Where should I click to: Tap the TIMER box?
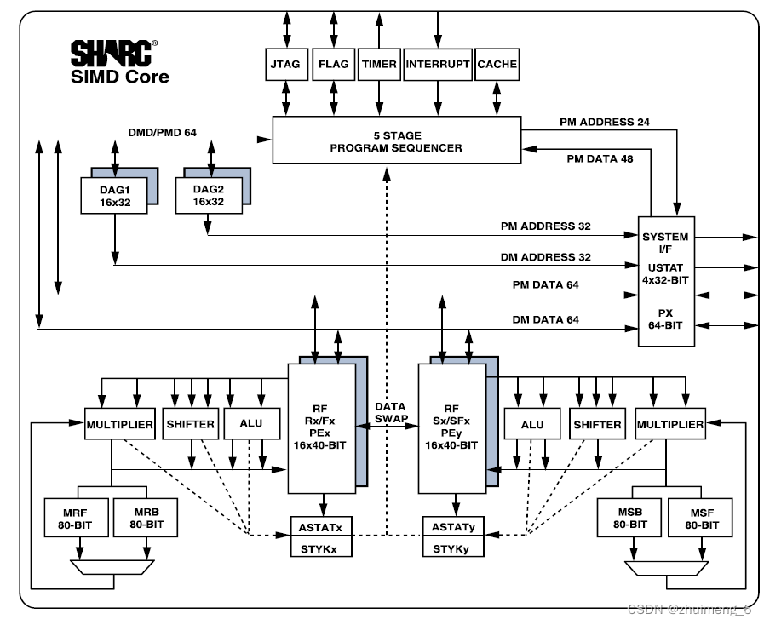coord(379,65)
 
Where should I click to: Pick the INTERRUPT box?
coord(438,65)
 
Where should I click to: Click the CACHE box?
coord(497,65)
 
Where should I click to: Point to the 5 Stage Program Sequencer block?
coord(396,140)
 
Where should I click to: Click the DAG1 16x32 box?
coord(112,196)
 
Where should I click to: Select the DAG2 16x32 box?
coord(207,196)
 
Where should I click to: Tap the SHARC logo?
coord(112,54)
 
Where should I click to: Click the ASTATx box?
coord(321,528)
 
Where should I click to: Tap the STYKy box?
coord(451,549)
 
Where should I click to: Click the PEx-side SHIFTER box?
coord(190,424)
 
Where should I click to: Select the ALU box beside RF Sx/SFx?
coord(531,424)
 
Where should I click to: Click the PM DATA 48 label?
coord(599,158)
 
